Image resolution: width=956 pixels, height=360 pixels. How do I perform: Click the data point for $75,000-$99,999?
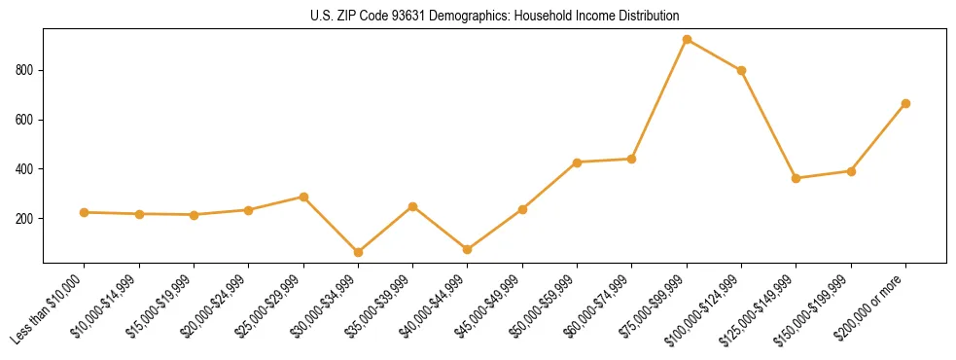point(687,40)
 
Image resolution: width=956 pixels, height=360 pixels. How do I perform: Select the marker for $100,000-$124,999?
point(741,70)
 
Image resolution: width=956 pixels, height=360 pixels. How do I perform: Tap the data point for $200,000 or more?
point(905,103)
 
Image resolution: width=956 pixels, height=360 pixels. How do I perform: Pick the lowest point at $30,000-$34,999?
point(358,252)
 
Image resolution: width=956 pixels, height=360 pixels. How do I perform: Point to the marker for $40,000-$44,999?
point(468,250)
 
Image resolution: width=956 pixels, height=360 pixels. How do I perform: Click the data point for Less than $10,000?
point(85,212)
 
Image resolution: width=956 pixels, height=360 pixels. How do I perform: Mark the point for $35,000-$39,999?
point(412,206)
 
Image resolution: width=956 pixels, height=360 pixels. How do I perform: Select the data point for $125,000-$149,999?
point(797,178)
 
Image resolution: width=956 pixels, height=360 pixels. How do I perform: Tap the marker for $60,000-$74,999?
point(632,159)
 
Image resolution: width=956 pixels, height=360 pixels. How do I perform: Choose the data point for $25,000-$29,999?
point(303,197)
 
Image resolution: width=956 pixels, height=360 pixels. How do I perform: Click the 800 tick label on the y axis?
point(25,70)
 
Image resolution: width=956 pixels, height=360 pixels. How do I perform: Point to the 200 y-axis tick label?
point(25,218)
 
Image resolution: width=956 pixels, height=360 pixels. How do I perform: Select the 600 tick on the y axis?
point(25,120)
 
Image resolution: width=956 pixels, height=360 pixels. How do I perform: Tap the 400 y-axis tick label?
point(25,169)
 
